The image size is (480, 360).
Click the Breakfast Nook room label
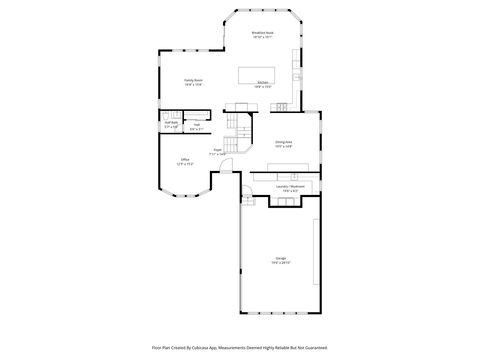pyautogui.click(x=262, y=33)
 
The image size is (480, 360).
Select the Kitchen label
pyautogui.click(x=262, y=82)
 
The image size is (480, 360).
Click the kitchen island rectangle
pyautogui.click(x=254, y=73)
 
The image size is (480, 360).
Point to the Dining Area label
pyautogui.click(x=283, y=142)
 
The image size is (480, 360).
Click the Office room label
pyautogui.click(x=184, y=159)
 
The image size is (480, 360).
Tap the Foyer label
pyautogui.click(x=216, y=151)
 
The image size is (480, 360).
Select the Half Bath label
pyautogui.click(x=171, y=123)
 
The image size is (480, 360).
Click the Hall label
pyautogui.click(x=196, y=125)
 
